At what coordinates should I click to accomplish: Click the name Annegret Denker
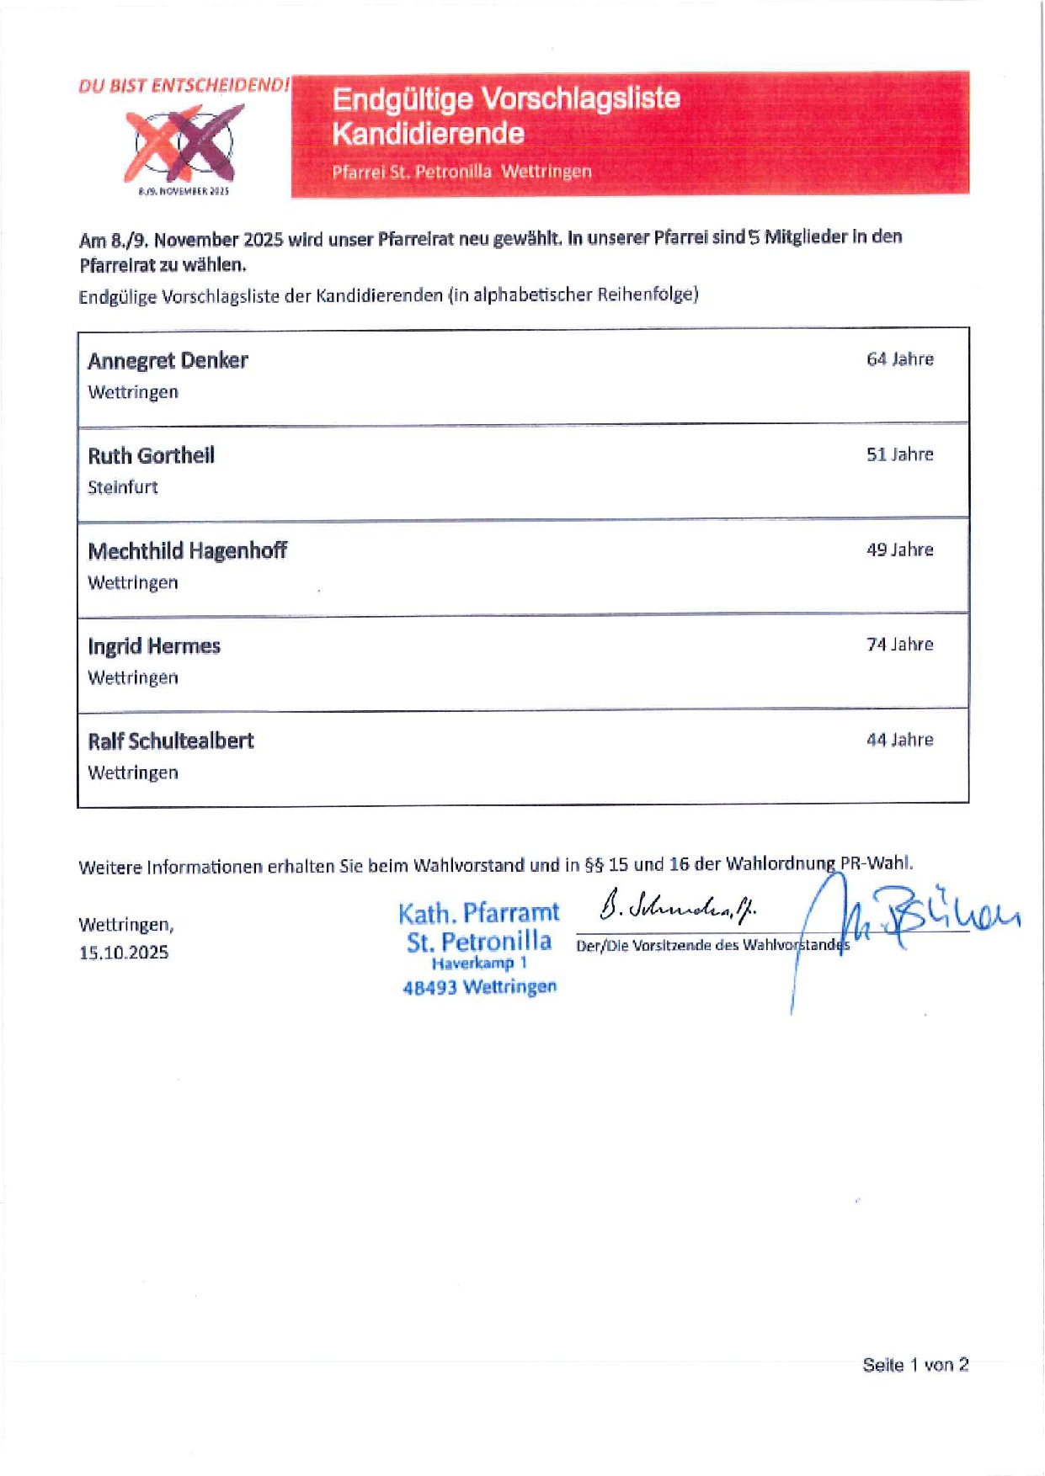coord(168,361)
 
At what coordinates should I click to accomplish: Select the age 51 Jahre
coord(899,454)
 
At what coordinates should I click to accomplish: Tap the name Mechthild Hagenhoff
coord(187,551)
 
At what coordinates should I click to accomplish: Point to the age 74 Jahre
coord(899,645)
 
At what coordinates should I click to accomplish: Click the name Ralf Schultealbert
coord(170,741)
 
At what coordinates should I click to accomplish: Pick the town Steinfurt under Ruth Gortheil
coord(123,487)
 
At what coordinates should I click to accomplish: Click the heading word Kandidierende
coord(428,134)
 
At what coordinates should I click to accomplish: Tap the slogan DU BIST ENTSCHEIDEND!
coord(184,86)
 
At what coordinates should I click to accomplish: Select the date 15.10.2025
coord(124,953)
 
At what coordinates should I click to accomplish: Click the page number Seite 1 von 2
coord(914,1365)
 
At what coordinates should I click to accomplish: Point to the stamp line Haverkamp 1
coord(479,964)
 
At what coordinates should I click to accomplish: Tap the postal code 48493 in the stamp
coord(429,988)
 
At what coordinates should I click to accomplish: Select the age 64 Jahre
coord(899,359)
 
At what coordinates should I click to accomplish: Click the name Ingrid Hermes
coord(154,646)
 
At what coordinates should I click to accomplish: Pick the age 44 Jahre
coord(899,740)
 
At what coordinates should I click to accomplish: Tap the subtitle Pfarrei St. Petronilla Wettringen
coord(461,172)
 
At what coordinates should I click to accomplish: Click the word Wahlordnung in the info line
coord(779,863)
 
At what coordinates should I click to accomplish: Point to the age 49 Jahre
coord(899,550)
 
